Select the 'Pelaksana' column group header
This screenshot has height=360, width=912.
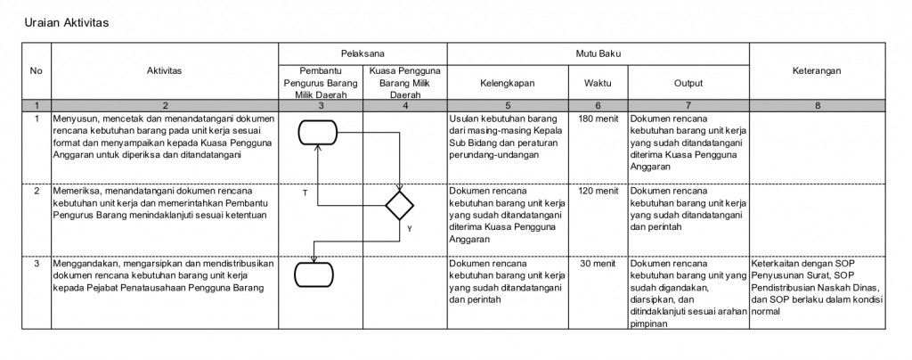362,54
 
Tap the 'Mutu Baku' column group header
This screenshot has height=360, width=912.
598,54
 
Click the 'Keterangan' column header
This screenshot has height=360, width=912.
818,70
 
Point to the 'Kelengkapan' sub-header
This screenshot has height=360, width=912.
507,83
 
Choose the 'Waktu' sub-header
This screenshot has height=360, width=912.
598,83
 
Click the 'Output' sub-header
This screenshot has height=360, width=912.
688,83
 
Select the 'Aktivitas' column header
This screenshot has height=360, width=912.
164,70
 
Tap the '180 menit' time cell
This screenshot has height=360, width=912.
598,118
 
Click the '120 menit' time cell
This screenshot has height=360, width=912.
598,191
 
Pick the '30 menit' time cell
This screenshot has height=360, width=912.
598,264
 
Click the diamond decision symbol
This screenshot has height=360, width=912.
400,205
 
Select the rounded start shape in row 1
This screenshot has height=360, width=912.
318,132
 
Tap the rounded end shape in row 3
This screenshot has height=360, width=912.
318,273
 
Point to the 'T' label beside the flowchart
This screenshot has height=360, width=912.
305,192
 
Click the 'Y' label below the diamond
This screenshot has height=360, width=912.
409,229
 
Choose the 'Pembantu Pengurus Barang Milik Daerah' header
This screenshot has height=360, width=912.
320,83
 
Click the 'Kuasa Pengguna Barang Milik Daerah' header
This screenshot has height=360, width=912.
405,83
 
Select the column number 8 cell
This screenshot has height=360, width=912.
818,106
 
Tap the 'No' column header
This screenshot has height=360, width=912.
36,70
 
